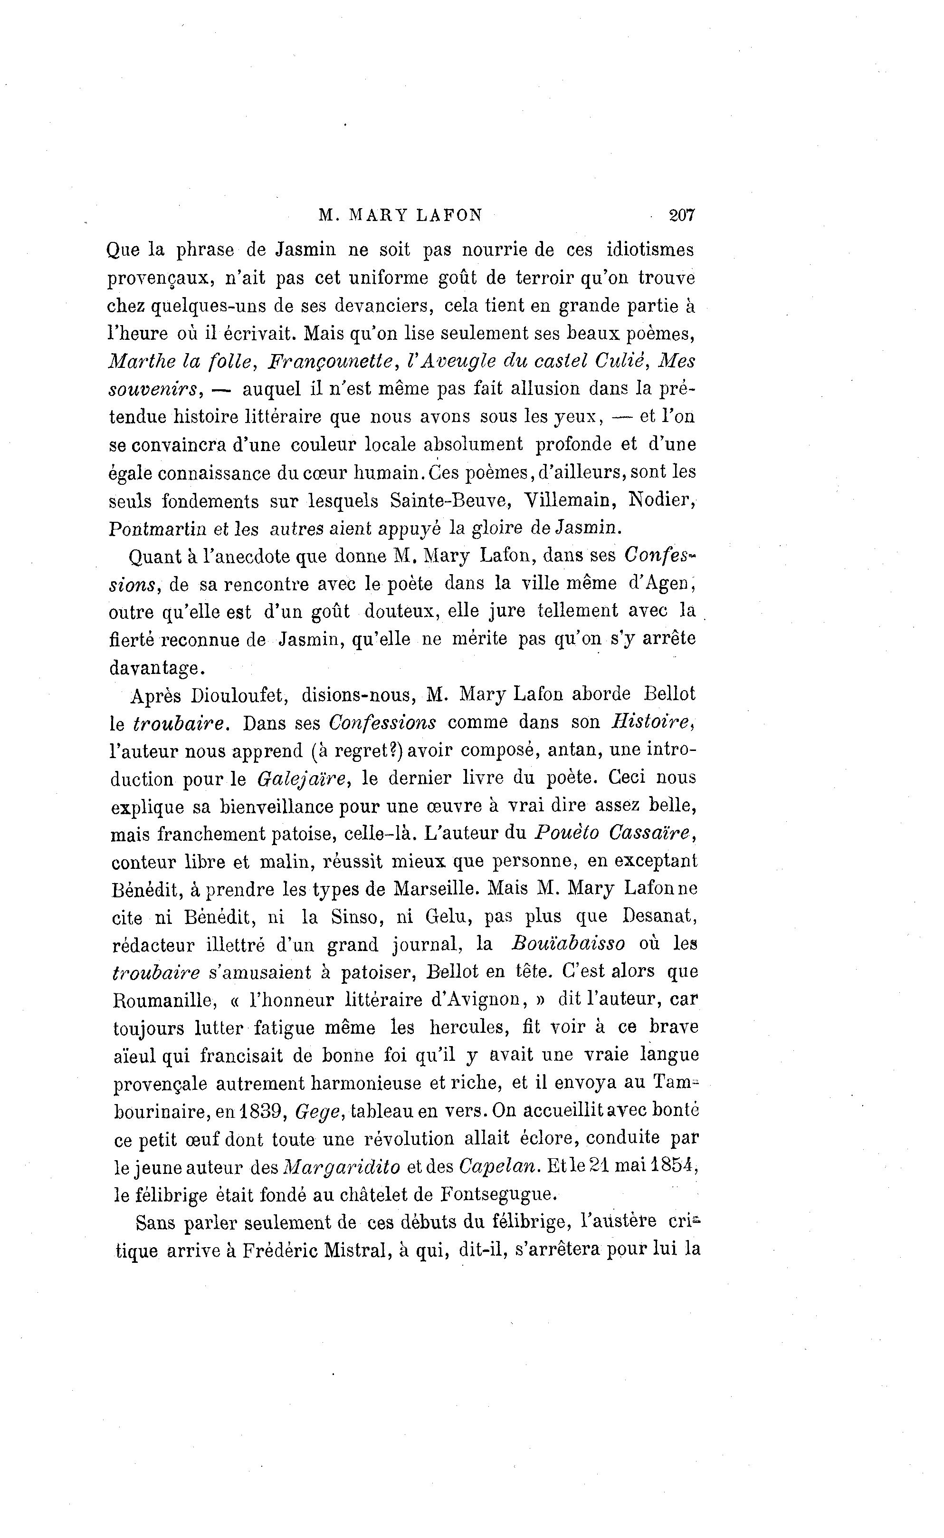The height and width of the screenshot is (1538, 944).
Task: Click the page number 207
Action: tap(681, 215)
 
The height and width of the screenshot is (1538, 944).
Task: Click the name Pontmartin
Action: tap(157, 529)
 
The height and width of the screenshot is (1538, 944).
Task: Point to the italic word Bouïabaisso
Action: tap(568, 944)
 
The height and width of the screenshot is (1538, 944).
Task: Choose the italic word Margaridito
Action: tap(342, 1167)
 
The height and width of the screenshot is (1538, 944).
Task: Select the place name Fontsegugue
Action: tap(497, 1194)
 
